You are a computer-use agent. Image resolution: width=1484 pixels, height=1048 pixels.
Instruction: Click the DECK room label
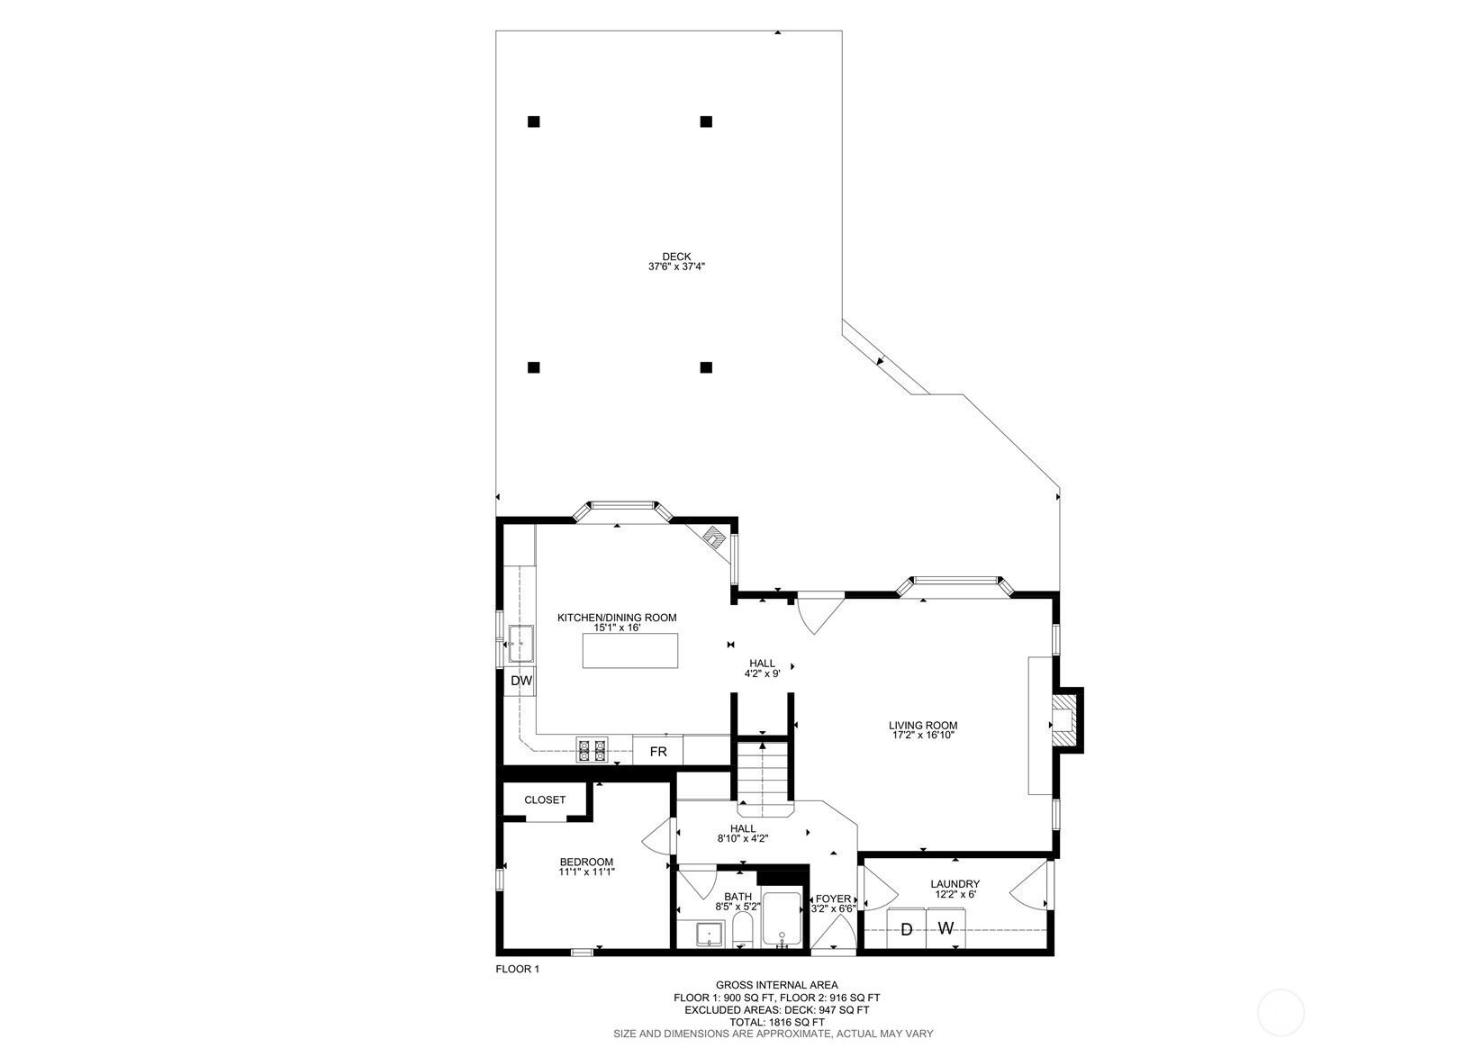click(676, 257)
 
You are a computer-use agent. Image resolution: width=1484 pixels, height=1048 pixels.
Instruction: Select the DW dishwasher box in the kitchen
click(521, 681)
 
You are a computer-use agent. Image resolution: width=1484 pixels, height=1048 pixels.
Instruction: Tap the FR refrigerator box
click(658, 751)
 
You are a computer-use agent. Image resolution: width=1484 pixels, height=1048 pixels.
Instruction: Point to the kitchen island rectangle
click(630, 650)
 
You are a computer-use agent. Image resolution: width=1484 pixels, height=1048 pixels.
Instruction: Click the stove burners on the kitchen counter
click(592, 750)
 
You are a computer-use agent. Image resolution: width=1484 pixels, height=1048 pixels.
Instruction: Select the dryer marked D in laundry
click(906, 929)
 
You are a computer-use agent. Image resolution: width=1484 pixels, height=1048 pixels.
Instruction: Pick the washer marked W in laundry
click(946, 929)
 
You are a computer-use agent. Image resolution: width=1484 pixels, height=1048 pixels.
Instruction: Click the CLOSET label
click(545, 800)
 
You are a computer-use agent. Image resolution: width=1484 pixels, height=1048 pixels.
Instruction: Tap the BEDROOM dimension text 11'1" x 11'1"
click(587, 872)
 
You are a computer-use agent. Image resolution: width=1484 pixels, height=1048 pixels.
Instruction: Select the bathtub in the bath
click(781, 918)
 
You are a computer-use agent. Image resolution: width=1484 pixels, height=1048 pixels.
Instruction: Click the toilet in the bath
click(742, 930)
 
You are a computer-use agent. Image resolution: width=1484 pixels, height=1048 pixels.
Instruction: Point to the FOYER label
click(833, 899)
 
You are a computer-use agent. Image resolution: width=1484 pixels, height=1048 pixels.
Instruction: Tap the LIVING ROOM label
click(923, 725)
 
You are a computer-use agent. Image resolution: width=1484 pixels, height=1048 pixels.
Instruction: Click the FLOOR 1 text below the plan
click(517, 970)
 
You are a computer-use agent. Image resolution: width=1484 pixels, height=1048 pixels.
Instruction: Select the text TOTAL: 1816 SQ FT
click(777, 1022)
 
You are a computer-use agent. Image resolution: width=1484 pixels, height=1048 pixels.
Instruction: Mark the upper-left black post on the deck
click(533, 122)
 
